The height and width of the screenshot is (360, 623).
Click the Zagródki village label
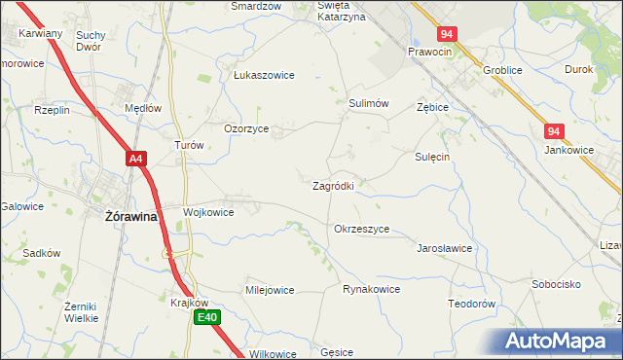pyautogui.click(x=339, y=185)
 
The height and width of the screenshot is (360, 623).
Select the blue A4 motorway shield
pyautogui.click(x=136, y=158)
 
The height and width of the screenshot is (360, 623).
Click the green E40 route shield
pyautogui.click(x=207, y=317)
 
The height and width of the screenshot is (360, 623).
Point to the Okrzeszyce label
pyautogui.click(x=361, y=229)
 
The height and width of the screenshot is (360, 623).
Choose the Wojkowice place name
pyautogui.click(x=208, y=211)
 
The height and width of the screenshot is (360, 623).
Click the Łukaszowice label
pyautogui.click(x=264, y=75)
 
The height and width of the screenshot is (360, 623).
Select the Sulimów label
pyautogui.click(x=369, y=102)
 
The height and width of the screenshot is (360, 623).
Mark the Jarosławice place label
pyautogui.click(x=444, y=248)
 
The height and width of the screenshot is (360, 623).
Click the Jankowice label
pyautogui.click(x=569, y=150)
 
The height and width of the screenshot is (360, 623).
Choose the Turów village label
pyautogui.click(x=188, y=144)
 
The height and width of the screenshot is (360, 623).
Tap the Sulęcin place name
pyautogui.click(x=432, y=156)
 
